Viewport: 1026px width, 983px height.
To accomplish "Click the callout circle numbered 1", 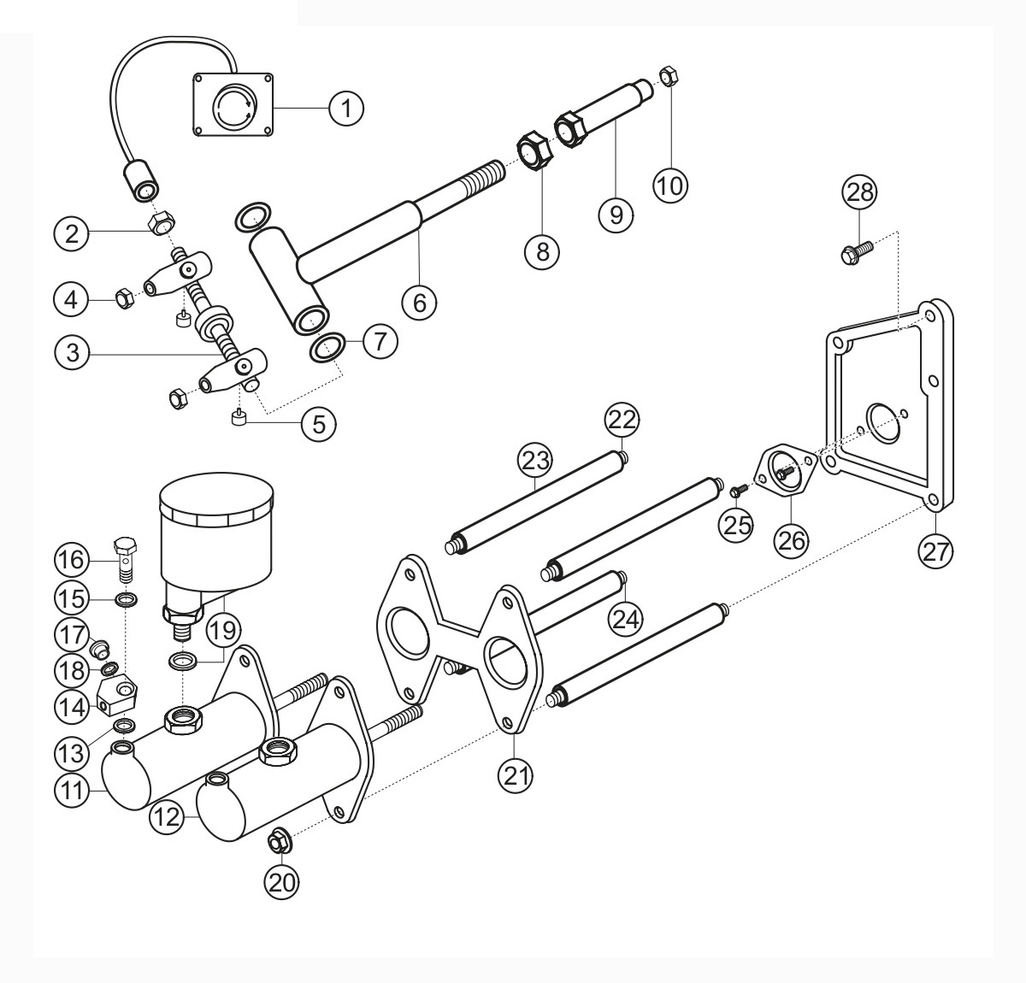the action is point(346,108).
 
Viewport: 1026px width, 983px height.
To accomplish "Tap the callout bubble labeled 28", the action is point(859,191).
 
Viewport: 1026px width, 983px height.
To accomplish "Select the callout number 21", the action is point(516,775).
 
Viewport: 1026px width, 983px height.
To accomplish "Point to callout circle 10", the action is point(670,185).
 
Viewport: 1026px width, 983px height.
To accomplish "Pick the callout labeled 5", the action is point(319,423).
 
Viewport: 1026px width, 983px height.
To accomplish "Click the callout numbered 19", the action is point(223,630).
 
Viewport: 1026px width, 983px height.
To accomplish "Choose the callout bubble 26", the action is point(792,539).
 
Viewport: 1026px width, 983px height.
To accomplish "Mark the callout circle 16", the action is point(72,560).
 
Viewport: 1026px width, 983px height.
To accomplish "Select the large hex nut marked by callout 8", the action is point(533,150).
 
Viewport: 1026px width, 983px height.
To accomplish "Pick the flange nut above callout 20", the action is point(277,842).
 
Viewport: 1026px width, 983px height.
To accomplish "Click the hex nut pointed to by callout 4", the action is point(125,299).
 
